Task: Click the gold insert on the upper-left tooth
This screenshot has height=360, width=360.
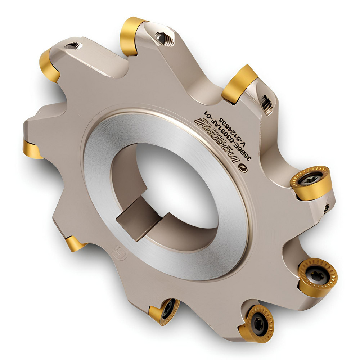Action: point(49,65)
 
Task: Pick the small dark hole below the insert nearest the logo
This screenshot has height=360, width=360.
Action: point(326,208)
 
